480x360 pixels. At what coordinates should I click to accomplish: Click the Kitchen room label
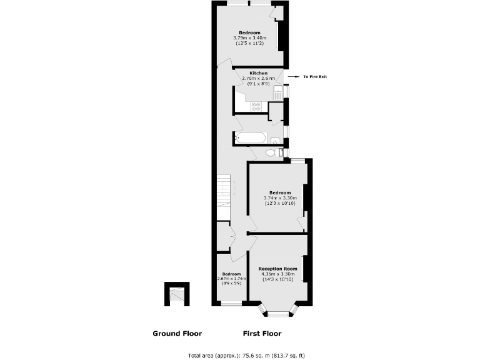tap(259, 73)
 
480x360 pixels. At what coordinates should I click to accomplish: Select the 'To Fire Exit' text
tap(315, 77)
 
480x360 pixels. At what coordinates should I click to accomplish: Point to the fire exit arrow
tap(295, 77)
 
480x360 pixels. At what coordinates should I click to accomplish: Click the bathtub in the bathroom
tap(251, 139)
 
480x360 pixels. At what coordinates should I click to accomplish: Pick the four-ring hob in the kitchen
tap(256, 106)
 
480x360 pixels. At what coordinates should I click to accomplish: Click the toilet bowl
tap(271, 152)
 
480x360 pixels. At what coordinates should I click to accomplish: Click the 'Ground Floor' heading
tap(177, 333)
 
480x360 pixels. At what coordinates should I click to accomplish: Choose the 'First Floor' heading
tap(262, 333)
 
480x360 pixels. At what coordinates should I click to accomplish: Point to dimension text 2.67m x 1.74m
tap(231, 279)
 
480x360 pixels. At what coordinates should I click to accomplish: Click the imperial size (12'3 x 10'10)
tap(280, 203)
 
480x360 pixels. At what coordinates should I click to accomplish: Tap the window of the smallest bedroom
tap(232, 304)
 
